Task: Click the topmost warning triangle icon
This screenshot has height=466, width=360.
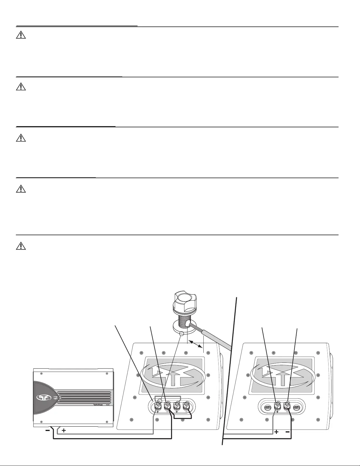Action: coord(21,35)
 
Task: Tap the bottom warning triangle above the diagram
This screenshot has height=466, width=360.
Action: coord(21,245)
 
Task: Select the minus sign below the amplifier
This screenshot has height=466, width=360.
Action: coord(48,430)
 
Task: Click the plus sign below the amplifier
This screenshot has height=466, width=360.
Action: coord(63,430)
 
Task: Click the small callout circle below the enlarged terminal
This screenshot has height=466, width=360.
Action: coord(181,334)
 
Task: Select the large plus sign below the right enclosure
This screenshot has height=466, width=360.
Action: coord(276,432)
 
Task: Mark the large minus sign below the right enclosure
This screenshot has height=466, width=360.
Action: coord(287,432)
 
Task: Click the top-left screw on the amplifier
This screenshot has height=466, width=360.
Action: coord(41,373)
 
